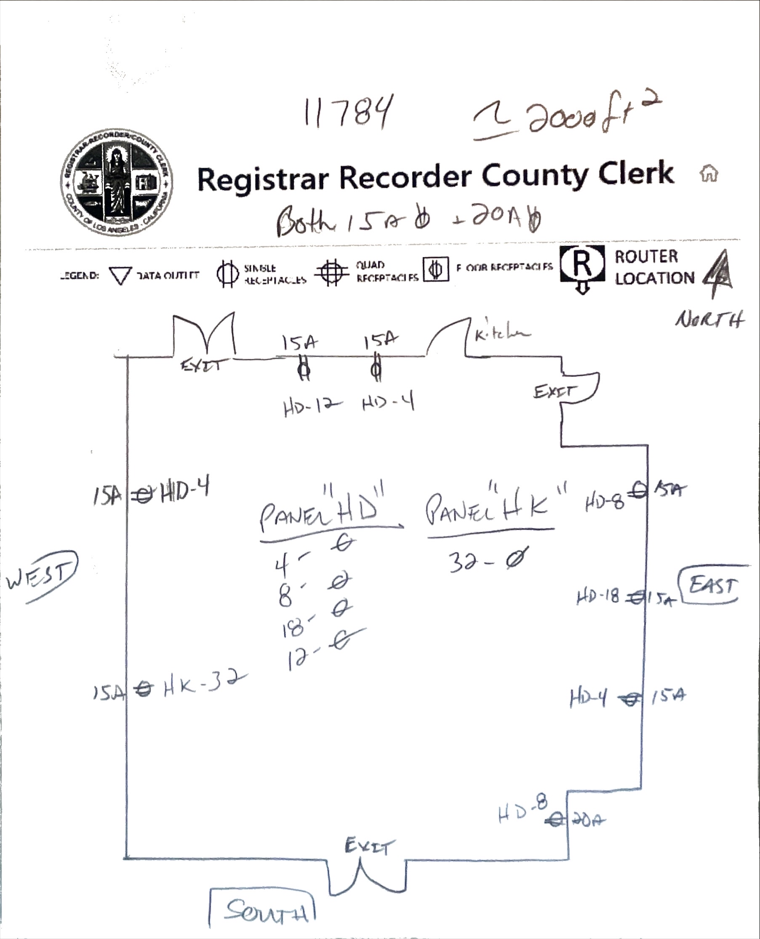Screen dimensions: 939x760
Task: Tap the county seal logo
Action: tap(117, 183)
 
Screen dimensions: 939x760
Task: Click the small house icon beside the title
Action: tap(709, 173)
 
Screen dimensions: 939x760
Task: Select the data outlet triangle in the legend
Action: tap(120, 276)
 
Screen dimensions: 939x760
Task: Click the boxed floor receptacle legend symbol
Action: tap(436, 269)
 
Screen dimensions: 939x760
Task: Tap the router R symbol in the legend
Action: tap(582, 266)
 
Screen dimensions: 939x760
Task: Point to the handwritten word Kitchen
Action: tap(502, 335)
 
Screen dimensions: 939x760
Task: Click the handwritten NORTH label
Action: tap(709, 320)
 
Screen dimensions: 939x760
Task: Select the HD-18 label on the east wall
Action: tap(598, 596)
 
